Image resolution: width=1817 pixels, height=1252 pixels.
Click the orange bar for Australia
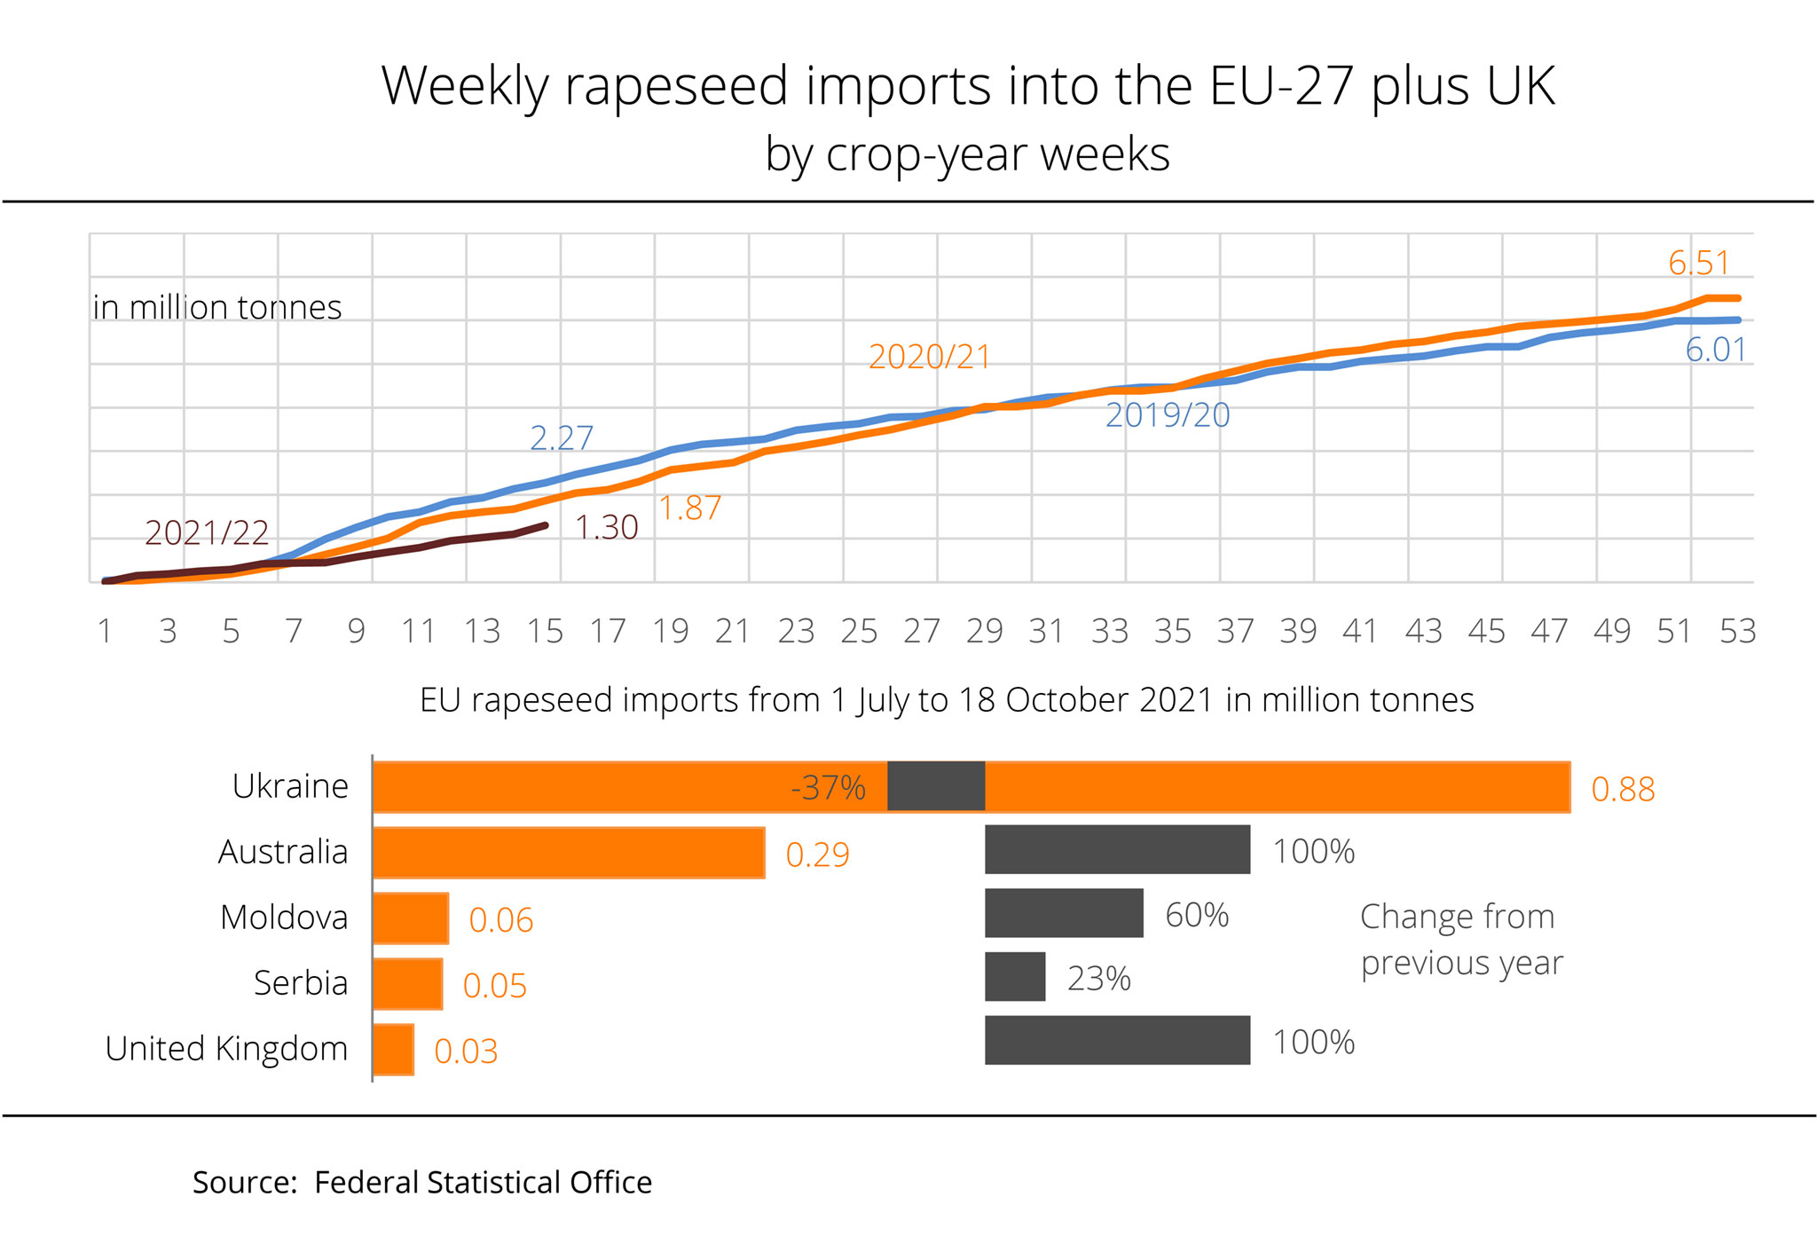[569, 853]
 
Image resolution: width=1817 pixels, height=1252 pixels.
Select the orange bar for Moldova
[411, 918]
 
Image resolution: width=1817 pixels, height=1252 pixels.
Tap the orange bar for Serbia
[407, 984]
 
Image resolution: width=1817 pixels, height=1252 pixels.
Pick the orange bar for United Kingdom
[393, 1050]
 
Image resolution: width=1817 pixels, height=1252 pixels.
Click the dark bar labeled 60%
[1064, 913]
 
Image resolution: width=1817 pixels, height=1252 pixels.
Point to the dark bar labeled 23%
[1015, 977]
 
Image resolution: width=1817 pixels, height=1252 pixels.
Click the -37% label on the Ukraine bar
[828, 787]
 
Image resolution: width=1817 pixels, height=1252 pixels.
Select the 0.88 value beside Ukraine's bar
[1623, 789]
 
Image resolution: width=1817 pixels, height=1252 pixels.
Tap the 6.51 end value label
[1698, 263]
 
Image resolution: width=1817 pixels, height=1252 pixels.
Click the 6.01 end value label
[1716, 350]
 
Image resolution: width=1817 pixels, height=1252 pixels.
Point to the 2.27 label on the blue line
[561, 437]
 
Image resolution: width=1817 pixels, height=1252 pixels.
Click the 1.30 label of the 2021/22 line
[607, 528]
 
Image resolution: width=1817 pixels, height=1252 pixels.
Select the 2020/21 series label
[929, 357]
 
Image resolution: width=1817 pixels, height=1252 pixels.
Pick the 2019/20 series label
[1168, 415]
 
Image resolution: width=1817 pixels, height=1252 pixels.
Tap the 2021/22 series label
[207, 532]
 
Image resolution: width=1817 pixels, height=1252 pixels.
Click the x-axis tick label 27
[921, 631]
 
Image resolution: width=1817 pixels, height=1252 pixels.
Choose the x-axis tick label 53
[1737, 631]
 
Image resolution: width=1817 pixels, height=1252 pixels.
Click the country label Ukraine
[290, 786]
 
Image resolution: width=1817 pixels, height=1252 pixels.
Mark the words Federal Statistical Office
[483, 1183]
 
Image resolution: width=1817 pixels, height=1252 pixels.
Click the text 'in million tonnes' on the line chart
[217, 307]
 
